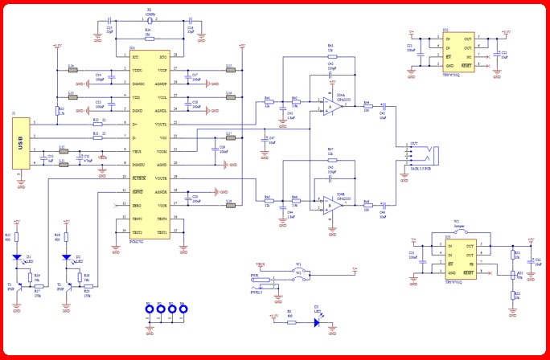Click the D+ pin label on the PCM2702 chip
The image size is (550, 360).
click(x=134, y=125)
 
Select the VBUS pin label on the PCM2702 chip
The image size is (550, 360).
click(x=136, y=151)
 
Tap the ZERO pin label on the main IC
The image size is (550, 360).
click(x=137, y=206)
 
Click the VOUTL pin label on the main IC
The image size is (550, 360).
click(x=161, y=125)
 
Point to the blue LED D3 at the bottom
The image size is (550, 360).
click(x=317, y=323)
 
